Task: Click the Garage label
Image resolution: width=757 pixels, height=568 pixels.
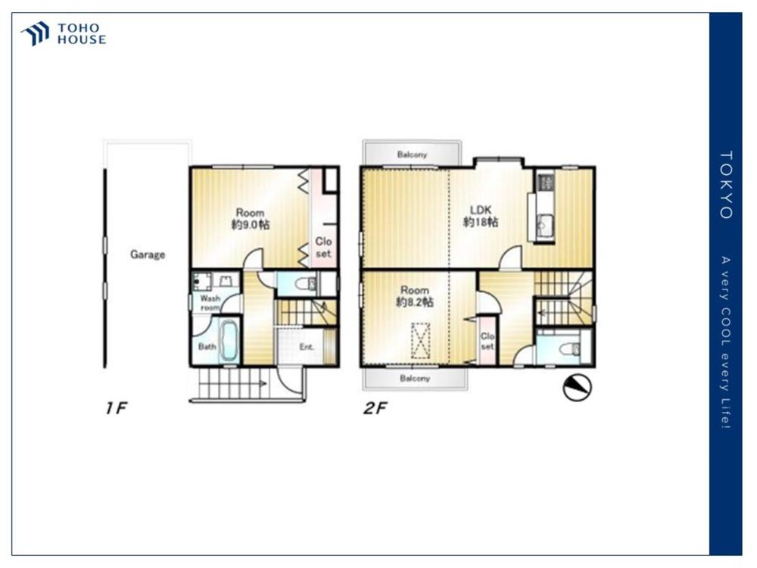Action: click(148, 254)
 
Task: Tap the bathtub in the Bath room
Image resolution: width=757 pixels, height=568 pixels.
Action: click(229, 340)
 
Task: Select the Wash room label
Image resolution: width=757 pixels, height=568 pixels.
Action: click(210, 303)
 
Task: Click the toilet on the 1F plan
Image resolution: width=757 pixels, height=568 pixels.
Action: click(306, 283)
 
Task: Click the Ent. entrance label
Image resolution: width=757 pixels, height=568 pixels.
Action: click(307, 347)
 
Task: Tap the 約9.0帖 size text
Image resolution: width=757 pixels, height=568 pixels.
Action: click(250, 225)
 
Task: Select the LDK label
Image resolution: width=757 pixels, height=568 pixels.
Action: click(481, 210)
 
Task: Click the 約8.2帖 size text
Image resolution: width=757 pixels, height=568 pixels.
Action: click(415, 302)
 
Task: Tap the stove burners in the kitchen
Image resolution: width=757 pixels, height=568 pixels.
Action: click(546, 182)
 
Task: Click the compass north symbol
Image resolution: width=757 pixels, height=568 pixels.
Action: click(578, 387)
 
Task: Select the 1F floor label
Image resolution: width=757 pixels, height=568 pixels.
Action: click(116, 408)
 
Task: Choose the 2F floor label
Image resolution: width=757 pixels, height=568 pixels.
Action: click(375, 409)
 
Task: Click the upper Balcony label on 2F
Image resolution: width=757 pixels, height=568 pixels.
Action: click(412, 154)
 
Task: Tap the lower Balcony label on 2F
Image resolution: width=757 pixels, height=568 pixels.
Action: click(415, 378)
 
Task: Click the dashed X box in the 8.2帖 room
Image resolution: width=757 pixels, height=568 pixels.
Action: click(420, 341)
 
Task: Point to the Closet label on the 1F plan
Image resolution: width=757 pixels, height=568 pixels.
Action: click(323, 247)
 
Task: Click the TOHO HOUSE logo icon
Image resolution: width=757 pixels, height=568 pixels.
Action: click(35, 33)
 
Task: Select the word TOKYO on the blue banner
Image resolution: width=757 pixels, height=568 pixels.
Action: click(726, 185)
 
